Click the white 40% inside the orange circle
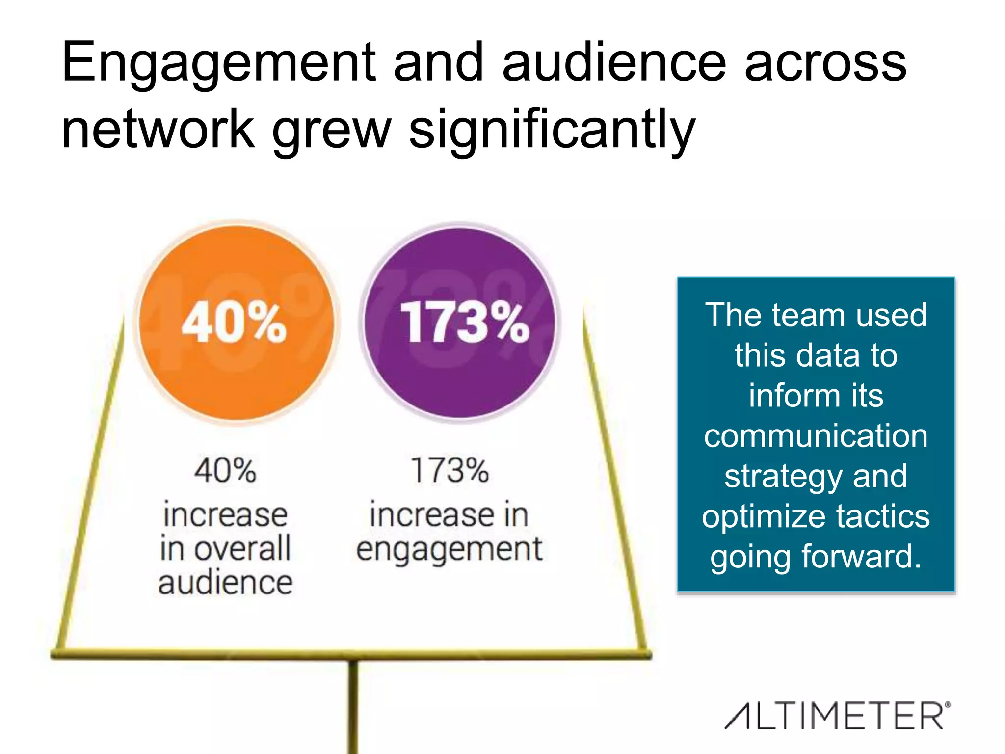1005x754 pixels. pos(234,323)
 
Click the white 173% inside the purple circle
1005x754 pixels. pos(464,323)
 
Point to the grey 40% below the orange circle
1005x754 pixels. pos(225,470)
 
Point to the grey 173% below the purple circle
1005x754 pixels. pos(450,470)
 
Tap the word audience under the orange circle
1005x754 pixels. pos(225,583)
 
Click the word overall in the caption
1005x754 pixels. pos(242,549)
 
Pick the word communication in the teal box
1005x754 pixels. pos(816,436)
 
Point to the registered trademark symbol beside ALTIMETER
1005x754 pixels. pos(948,705)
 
